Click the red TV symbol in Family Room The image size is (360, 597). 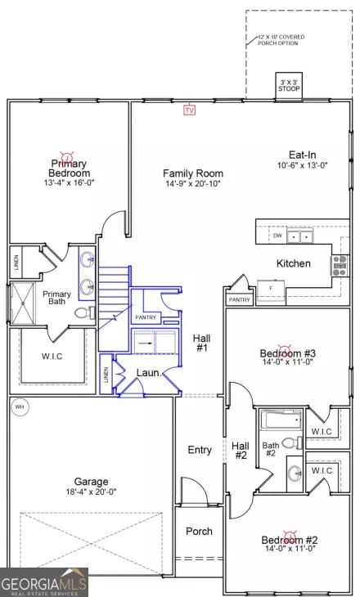pyautogui.click(x=190, y=110)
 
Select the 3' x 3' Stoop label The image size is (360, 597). pyautogui.click(x=288, y=85)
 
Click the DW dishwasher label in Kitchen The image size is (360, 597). pyautogui.click(x=278, y=236)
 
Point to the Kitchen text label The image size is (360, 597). pyautogui.click(x=293, y=263)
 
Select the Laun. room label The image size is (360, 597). pyautogui.click(x=147, y=373)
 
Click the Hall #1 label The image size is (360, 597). pyautogui.click(x=201, y=343)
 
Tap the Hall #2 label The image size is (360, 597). pyautogui.click(x=241, y=450)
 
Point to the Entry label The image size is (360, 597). pyautogui.click(x=200, y=450)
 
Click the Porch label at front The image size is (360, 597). pyautogui.click(x=198, y=532)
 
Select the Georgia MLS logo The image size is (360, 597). pyautogui.click(x=43, y=583)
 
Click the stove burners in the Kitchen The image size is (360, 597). pyautogui.click(x=339, y=263)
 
